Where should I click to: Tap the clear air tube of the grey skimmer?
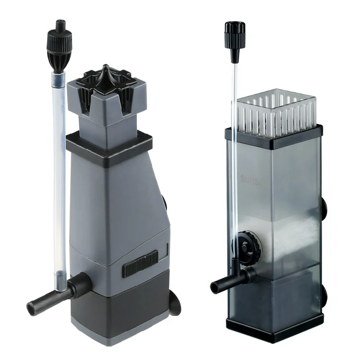pyautogui.click(x=58, y=180)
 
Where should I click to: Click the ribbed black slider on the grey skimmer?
pyautogui.click(x=140, y=263)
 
